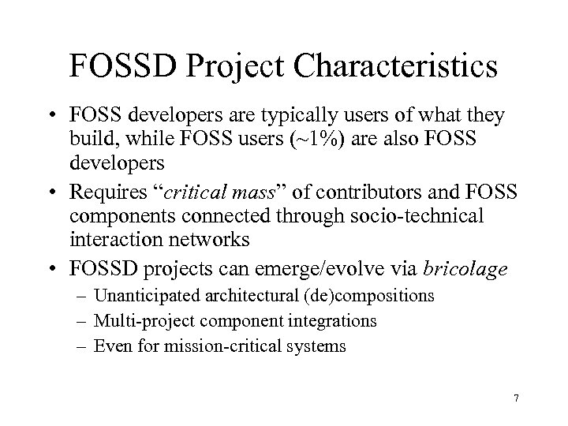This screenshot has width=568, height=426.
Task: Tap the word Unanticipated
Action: tap(143, 297)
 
